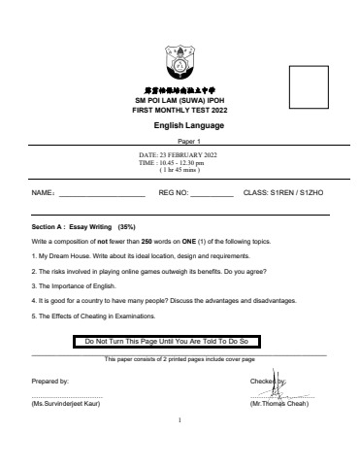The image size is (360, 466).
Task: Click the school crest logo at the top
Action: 180,60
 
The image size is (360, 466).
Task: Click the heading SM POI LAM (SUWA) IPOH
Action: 180,101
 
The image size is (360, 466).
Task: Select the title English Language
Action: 180,125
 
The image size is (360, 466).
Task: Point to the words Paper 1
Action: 180,140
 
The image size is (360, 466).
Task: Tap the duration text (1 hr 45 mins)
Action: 180,170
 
